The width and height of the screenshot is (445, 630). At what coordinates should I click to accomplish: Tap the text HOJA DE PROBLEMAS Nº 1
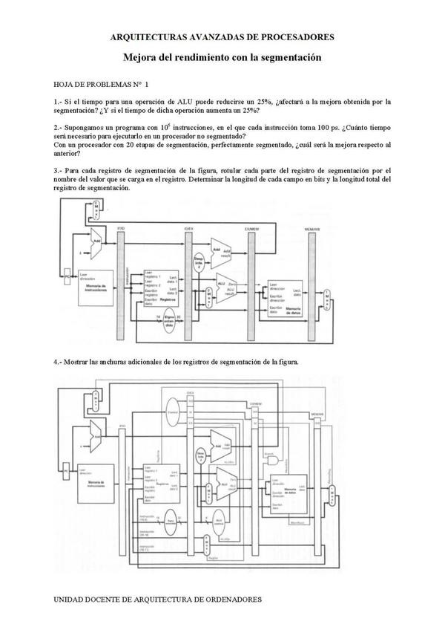(101, 85)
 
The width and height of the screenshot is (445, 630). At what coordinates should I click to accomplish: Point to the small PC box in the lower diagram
(66, 471)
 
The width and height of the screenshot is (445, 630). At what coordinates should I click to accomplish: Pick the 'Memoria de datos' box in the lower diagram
(288, 492)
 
